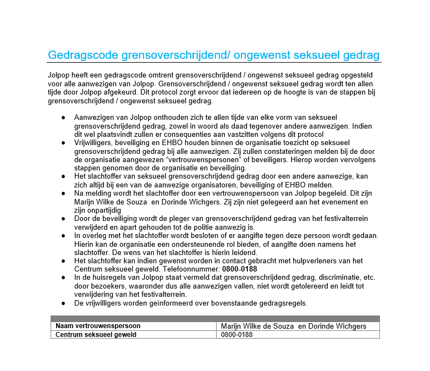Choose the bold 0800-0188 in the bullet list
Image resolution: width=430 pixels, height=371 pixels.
click(240, 269)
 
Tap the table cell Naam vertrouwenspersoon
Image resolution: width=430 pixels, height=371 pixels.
click(98, 326)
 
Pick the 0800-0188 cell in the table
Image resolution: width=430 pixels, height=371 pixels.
click(237, 334)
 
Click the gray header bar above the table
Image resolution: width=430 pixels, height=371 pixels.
click(215, 318)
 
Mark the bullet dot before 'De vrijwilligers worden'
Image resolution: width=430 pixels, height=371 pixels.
click(64, 303)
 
